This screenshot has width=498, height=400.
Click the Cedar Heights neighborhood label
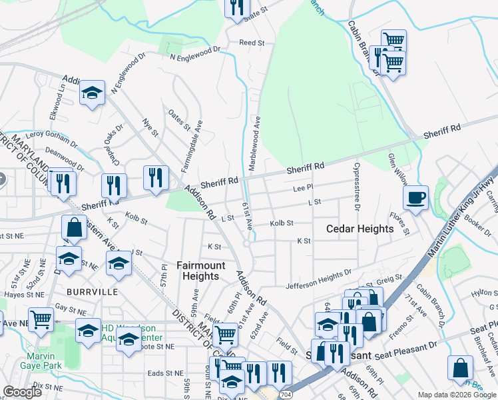(360, 229)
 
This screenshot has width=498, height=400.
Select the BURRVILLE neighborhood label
(92, 292)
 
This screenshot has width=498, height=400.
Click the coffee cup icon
(415, 197)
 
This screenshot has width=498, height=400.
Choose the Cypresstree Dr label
(358, 187)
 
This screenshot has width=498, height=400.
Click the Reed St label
(252, 43)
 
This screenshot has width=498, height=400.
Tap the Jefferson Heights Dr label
(318, 277)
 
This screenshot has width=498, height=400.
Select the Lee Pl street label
(302, 189)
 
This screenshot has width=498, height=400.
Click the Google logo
(22, 392)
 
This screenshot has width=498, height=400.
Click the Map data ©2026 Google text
(455, 395)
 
